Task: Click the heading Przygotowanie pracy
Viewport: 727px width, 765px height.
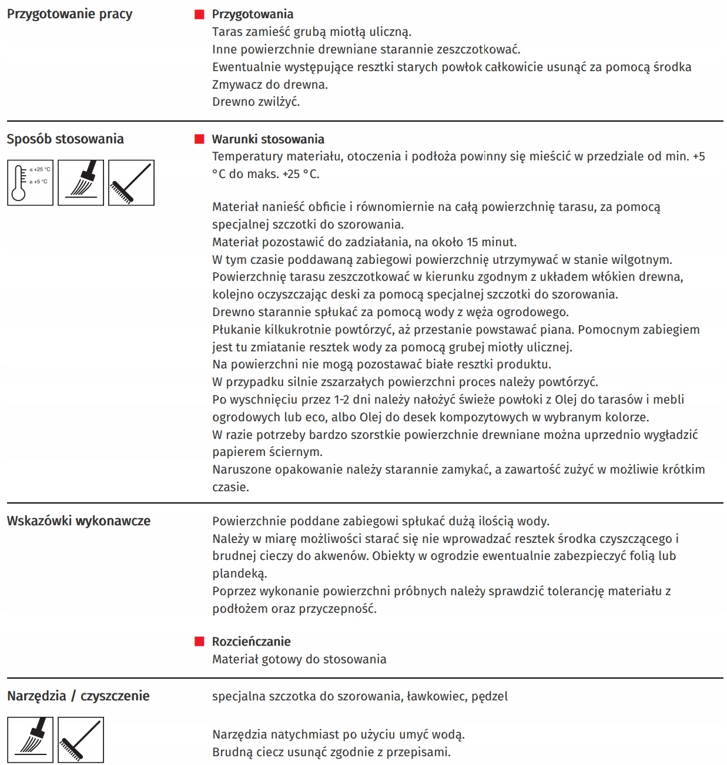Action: (x=69, y=14)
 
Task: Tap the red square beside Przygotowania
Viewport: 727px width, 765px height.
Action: (x=199, y=14)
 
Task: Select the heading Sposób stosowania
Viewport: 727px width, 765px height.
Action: (x=65, y=139)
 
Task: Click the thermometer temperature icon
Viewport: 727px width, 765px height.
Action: (x=30, y=183)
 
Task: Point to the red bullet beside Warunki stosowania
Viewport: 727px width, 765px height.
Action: (x=199, y=139)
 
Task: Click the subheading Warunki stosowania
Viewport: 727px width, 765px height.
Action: (x=268, y=139)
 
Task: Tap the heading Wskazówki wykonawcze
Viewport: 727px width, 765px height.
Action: (x=79, y=521)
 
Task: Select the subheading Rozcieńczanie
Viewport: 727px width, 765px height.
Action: (x=252, y=642)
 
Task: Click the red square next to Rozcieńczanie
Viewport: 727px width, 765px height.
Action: (x=199, y=642)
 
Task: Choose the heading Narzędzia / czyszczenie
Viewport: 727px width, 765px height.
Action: (x=78, y=696)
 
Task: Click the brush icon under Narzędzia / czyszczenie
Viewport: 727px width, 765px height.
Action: (x=30, y=740)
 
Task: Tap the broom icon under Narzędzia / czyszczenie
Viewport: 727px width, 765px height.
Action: (x=81, y=740)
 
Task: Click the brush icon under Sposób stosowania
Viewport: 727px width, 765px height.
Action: (x=81, y=183)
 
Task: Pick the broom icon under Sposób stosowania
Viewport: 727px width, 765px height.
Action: (x=131, y=183)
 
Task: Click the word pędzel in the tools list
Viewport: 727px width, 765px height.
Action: (x=490, y=697)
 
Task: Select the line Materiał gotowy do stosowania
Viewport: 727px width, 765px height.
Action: (x=299, y=659)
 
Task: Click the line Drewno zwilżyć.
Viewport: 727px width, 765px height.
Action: (x=256, y=102)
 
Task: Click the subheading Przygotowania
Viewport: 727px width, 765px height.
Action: (x=253, y=14)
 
